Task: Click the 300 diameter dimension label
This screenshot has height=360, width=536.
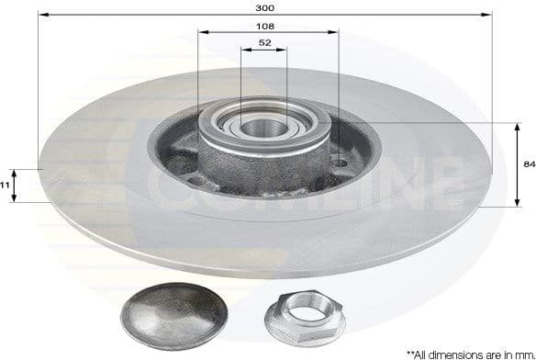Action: tap(266, 6)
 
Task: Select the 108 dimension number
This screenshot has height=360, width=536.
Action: tap(266, 28)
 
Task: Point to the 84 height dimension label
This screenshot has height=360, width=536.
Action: tap(528, 163)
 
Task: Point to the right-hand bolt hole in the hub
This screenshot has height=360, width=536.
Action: tap(340, 164)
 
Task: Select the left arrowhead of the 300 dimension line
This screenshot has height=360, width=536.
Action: tap(42, 15)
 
